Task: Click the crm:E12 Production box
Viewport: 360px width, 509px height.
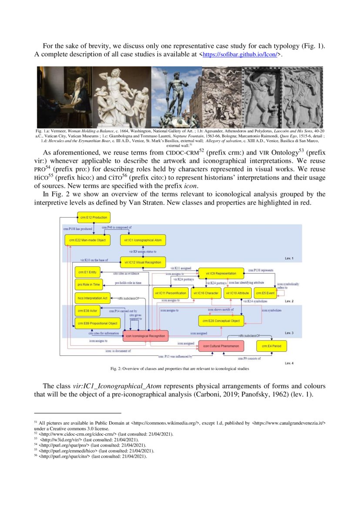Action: point(93,217)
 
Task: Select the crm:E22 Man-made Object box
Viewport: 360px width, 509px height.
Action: point(87,240)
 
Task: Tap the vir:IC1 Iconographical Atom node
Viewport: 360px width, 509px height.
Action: point(140,240)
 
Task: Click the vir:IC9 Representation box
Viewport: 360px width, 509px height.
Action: point(221,273)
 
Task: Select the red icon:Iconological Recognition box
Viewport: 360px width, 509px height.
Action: point(145,336)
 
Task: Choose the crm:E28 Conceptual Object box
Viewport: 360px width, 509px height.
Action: point(221,321)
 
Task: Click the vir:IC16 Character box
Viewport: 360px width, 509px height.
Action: point(205,293)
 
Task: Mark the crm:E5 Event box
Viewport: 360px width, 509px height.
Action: point(264,293)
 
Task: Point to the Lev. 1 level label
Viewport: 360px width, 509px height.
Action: point(289,259)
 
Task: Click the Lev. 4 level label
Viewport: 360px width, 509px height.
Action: point(289,363)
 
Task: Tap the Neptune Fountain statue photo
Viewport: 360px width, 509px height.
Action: point(176,97)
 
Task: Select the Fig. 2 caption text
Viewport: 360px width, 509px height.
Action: point(180,369)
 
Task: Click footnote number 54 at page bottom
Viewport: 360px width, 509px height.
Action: point(36,445)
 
